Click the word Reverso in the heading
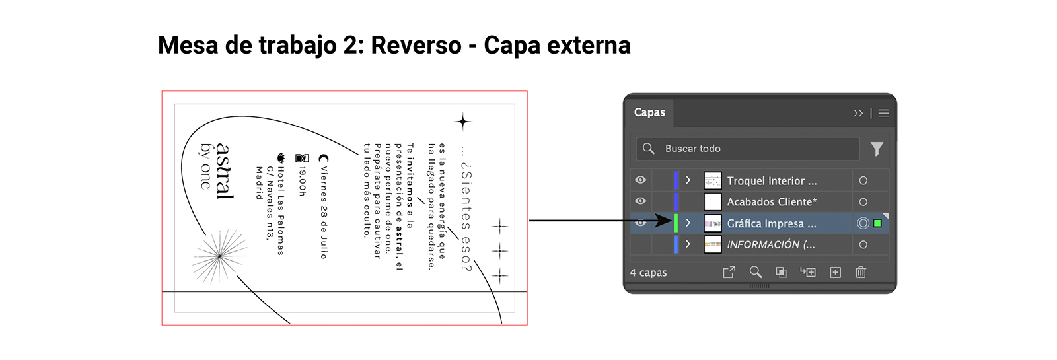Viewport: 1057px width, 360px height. [x=416, y=46]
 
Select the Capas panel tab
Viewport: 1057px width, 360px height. [x=649, y=112]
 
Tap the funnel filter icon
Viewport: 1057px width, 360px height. [x=877, y=149]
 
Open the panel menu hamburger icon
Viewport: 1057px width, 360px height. [x=883, y=113]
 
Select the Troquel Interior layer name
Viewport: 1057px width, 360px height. [x=772, y=181]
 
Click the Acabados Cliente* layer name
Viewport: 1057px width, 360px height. [x=772, y=202]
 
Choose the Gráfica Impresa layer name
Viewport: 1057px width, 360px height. [x=772, y=224]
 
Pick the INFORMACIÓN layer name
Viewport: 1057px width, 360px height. [x=770, y=245]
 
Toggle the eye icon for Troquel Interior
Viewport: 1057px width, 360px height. [x=640, y=180]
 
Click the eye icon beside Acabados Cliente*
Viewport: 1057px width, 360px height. [x=640, y=201]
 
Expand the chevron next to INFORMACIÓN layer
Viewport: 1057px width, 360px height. [x=688, y=244]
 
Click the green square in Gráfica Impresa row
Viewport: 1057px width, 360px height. [x=877, y=223]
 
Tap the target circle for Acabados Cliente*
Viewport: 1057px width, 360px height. [x=863, y=202]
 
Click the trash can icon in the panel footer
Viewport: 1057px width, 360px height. [x=860, y=272]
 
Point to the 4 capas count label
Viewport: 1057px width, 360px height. [x=648, y=273]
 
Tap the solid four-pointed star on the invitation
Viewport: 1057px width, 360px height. [x=463, y=122]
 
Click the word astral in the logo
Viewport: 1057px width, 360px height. [x=225, y=170]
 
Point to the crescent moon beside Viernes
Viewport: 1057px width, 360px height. [x=323, y=159]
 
